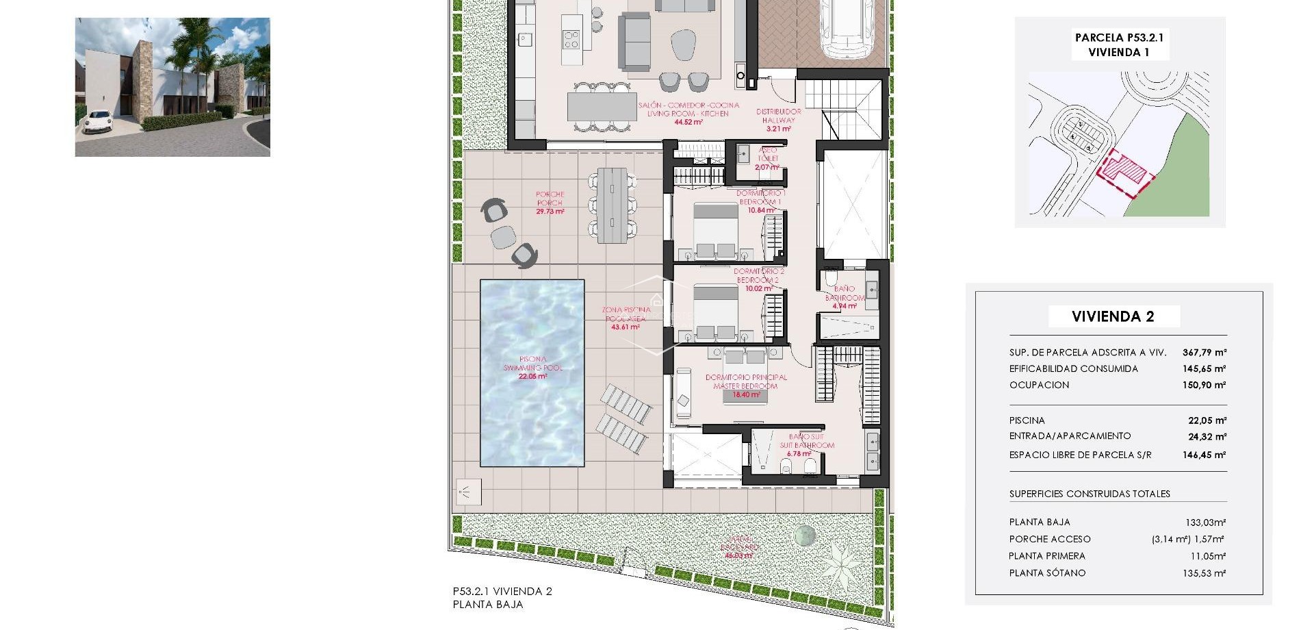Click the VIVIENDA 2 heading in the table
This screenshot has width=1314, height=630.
1113,316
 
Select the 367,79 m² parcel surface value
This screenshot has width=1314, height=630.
1204,353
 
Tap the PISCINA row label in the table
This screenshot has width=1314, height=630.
1027,420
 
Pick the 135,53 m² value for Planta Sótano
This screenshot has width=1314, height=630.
1204,573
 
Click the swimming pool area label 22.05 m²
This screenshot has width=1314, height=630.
532,376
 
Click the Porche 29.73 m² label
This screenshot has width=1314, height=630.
550,203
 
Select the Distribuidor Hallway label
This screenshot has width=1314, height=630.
778,120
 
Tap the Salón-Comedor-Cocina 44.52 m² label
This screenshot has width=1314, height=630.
688,114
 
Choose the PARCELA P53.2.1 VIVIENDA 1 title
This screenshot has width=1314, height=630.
1119,45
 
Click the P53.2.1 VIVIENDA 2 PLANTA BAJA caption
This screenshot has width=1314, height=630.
502,598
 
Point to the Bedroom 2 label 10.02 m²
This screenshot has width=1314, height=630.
758,280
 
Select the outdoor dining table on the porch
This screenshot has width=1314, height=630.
612,205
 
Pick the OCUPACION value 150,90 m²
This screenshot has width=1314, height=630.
1204,386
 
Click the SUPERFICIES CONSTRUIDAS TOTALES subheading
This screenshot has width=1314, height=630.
1089,494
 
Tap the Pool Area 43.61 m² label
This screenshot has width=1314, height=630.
626,318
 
